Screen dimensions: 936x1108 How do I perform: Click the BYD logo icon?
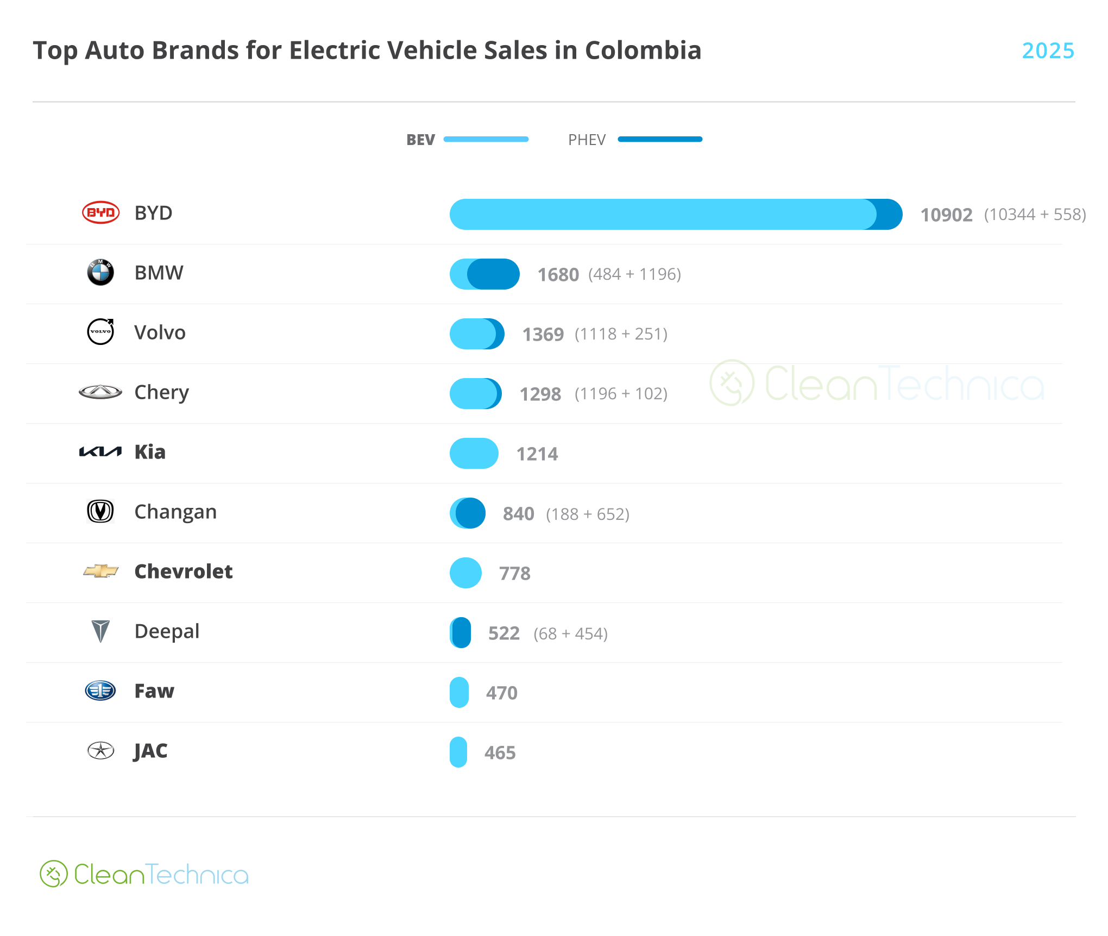(100, 212)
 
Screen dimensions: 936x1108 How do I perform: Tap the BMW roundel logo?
(100, 272)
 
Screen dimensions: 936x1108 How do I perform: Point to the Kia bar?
(474, 454)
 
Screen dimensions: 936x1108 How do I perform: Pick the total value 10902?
(946, 215)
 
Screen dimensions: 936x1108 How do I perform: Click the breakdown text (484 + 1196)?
(634, 274)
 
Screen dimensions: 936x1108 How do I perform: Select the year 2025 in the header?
(1048, 51)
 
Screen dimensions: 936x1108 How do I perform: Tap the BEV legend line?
(486, 140)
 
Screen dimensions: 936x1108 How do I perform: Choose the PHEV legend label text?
(587, 140)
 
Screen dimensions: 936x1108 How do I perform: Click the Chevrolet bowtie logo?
(100, 571)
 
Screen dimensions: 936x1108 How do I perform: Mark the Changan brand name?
(175, 512)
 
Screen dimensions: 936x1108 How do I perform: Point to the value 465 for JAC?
(500, 753)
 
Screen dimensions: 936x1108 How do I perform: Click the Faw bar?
(459, 693)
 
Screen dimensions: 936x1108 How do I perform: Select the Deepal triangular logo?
(100, 631)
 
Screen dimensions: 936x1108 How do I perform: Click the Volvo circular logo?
(100, 331)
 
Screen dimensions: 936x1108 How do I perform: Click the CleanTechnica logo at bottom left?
(144, 874)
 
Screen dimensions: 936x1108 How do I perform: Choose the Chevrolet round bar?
(465, 573)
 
